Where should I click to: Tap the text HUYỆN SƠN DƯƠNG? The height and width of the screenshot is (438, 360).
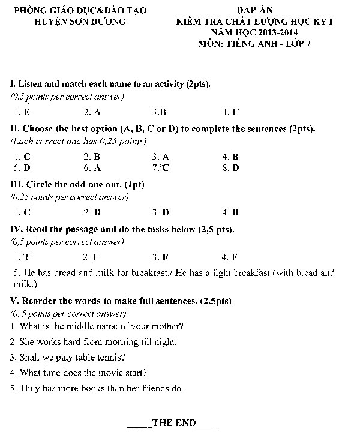click(81, 22)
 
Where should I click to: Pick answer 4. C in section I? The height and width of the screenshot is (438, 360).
click(230, 112)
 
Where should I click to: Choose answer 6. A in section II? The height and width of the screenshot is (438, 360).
click(92, 168)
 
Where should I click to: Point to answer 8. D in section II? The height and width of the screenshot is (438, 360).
click(230, 168)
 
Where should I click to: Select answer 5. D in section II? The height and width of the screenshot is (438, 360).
click(22, 168)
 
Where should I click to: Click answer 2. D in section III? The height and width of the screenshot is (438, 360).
click(92, 212)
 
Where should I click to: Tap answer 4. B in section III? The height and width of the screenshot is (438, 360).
click(230, 212)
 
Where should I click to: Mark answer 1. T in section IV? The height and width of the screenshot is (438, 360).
click(22, 257)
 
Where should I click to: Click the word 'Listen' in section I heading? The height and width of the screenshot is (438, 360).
click(31, 83)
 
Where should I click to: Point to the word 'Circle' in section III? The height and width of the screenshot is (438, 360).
click(40, 184)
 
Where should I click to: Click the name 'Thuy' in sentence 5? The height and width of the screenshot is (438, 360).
click(29, 388)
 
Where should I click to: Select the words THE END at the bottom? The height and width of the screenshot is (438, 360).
click(174, 423)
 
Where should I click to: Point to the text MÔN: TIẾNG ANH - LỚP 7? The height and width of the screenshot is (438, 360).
click(258, 44)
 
